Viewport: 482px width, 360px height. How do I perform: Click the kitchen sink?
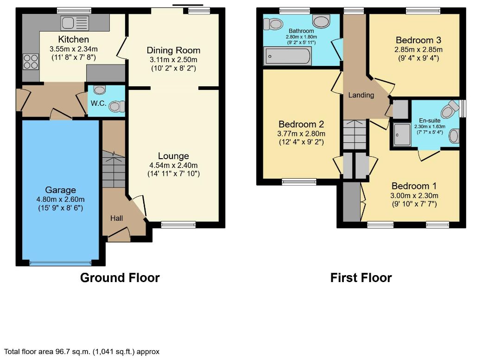[x=75, y=23]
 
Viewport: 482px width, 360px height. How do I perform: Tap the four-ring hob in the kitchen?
[x=31, y=62]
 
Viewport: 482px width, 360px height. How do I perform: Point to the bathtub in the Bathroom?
[x=288, y=56]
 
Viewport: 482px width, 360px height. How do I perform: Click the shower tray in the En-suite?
[x=402, y=135]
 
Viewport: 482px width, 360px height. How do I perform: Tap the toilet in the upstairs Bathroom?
[x=273, y=24]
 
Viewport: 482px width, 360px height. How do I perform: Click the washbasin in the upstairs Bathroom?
[x=321, y=21]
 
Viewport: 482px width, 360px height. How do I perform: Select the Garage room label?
[x=61, y=190]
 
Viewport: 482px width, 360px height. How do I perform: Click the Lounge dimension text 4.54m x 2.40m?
[x=173, y=165]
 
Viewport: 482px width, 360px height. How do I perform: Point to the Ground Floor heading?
[x=120, y=277]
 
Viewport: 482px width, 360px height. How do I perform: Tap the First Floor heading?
[x=361, y=277]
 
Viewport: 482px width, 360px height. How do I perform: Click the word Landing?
[x=361, y=95]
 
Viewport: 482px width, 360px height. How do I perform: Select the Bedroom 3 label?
[x=419, y=40]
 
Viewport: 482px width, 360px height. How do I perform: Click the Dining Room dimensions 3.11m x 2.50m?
[x=173, y=59]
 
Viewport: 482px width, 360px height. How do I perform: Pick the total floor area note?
[x=82, y=351]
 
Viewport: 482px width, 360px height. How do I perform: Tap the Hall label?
[x=116, y=218]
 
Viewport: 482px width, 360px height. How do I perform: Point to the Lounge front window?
[x=178, y=225]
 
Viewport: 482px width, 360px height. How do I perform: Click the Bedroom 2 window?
[x=299, y=182]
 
